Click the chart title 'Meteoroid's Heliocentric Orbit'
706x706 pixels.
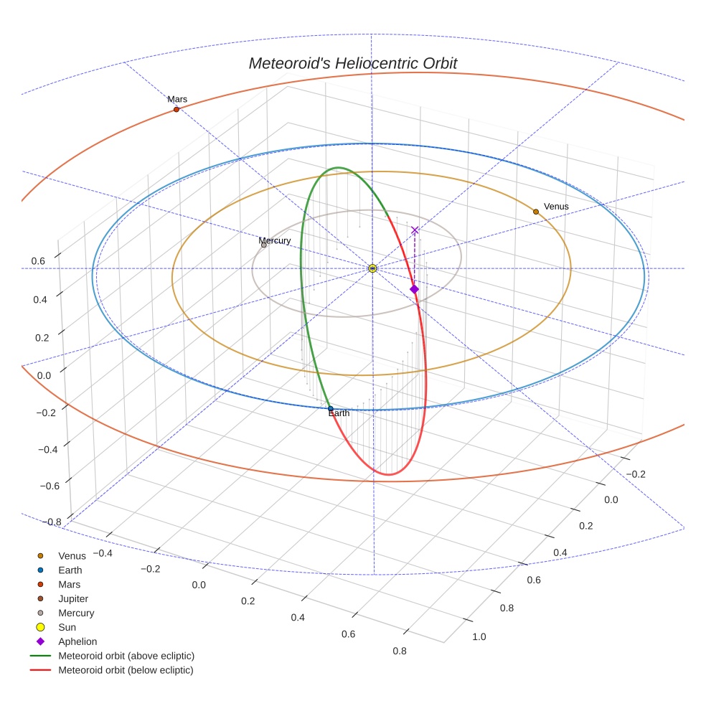pos(352,64)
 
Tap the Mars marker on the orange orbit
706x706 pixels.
pos(176,109)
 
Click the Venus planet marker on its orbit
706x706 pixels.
pos(536,212)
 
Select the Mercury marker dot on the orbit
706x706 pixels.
pos(264,245)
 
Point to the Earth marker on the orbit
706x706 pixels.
pos(330,408)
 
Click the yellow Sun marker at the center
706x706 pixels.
pos(372,268)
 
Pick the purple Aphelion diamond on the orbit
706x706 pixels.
pos(414,289)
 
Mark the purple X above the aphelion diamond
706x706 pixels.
pos(415,230)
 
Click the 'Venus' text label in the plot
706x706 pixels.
pos(556,207)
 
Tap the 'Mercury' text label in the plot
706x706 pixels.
pos(275,240)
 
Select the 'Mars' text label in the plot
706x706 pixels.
pos(177,99)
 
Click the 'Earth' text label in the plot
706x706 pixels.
pos(339,413)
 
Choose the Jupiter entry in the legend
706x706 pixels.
pos(72,598)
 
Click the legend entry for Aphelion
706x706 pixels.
pos(77,641)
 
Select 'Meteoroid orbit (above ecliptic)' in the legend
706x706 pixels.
pos(126,656)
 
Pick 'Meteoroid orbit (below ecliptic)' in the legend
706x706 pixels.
pos(126,670)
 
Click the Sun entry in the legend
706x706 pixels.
pos(67,627)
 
